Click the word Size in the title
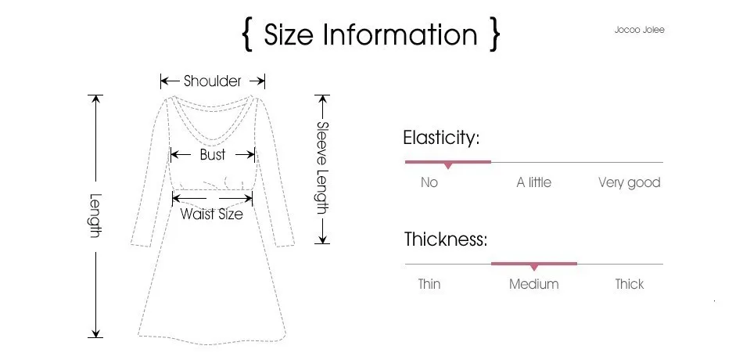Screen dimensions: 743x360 pos(289,35)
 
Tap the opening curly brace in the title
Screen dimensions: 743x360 pos(248,36)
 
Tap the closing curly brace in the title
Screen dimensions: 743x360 pos(494,36)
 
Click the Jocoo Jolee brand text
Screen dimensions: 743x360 pos(639,30)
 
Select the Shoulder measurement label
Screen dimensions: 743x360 pos(213,81)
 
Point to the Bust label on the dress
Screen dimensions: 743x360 pos(212,154)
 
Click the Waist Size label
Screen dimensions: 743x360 pos(211,214)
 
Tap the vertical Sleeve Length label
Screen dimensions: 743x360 pos(322,167)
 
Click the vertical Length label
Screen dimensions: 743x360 pos(95,216)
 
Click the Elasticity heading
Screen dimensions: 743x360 pos(440,138)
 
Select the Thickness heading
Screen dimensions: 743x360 pos(445,239)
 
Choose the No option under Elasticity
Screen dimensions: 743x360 pos(429,182)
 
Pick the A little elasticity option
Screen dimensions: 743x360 pos(533,182)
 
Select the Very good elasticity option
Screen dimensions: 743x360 pos(629,182)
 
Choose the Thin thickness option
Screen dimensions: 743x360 pos(429,284)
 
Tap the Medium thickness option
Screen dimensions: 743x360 pos(533,284)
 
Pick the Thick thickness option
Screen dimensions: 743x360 pos(629,284)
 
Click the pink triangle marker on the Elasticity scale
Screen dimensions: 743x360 pos(447,166)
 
